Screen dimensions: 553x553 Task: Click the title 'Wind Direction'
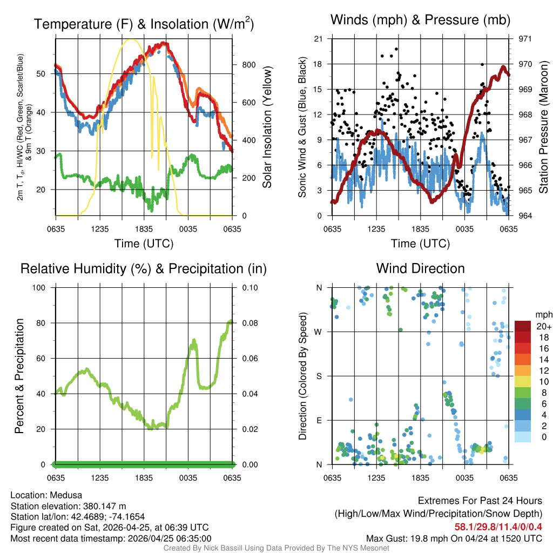420,268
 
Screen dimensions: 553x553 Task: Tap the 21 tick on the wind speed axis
318,39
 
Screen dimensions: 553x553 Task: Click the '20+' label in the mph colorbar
543,326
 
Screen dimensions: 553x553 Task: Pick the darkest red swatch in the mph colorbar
523,326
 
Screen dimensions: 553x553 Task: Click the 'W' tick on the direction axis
319,332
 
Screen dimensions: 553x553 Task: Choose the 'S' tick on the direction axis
319,376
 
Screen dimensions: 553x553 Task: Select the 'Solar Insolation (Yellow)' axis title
267,127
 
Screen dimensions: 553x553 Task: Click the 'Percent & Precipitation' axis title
19,376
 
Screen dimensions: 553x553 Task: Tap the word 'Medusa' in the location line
69,495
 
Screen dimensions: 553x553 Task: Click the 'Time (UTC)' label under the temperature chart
144,244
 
